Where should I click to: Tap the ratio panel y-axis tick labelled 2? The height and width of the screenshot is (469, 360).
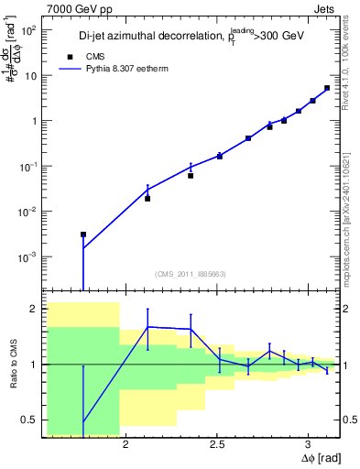(34, 309)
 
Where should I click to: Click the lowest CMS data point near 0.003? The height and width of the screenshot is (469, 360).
(83, 234)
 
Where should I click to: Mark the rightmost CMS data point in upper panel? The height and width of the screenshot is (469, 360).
(327, 88)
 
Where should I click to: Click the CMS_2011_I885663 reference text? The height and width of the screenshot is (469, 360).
(191, 275)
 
